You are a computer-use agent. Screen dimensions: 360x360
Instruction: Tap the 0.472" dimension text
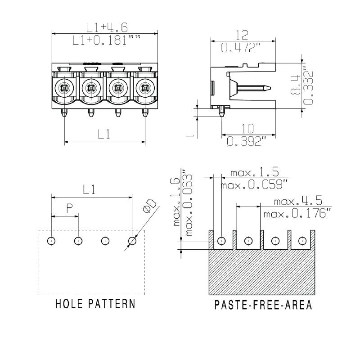(x=241, y=47)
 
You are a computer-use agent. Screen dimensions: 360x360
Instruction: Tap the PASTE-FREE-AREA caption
(x=263, y=306)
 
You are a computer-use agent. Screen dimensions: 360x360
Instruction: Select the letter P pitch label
(x=69, y=208)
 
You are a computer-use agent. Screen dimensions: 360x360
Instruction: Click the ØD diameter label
(x=149, y=205)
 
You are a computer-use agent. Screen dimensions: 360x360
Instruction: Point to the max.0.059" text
(x=255, y=184)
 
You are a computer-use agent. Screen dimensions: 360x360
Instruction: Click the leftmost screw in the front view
(x=64, y=87)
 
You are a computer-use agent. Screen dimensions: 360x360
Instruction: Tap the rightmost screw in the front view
(x=144, y=87)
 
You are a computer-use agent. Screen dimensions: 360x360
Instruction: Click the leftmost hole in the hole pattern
(x=52, y=241)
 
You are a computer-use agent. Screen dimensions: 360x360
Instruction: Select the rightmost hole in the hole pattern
(x=132, y=241)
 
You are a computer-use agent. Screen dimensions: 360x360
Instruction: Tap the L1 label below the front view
(x=104, y=133)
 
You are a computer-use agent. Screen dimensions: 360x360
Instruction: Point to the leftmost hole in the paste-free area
(x=221, y=241)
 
